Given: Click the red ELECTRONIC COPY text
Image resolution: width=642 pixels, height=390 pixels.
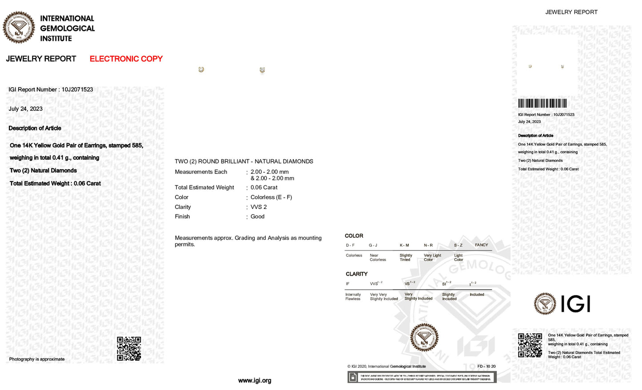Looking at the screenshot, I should tap(126, 59).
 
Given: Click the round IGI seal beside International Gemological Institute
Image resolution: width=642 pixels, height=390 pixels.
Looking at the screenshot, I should tap(19, 28).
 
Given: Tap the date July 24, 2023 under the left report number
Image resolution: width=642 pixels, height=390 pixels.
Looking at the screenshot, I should tap(26, 109).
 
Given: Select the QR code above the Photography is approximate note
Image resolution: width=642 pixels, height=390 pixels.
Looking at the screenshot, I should tap(129, 348).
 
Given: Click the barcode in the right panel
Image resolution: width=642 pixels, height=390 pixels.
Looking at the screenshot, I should tap(542, 103).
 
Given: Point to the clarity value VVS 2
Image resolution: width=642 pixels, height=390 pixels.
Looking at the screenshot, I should tap(259, 207).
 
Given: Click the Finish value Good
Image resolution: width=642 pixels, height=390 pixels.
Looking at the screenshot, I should tap(257, 217).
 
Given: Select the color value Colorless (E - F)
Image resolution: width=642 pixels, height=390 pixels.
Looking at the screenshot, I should tap(271, 197).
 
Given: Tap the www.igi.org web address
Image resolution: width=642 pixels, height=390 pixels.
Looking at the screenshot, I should tap(255, 381).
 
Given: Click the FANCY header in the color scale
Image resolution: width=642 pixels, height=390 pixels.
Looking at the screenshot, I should tap(481, 245).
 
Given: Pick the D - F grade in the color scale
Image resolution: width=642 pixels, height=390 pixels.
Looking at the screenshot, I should tap(350, 245).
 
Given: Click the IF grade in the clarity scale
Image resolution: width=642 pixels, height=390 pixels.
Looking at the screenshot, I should tap(347, 284).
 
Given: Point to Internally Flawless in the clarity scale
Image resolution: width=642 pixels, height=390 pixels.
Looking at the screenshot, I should tap(353, 297).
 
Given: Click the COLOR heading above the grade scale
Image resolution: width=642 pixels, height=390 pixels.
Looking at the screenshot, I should tap(354, 236).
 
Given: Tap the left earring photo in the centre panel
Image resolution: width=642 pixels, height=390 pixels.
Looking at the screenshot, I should tap(201, 70).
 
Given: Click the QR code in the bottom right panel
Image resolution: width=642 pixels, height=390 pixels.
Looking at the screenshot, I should tap(530, 345).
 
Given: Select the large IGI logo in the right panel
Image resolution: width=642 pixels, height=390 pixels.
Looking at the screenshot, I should tap(562, 304).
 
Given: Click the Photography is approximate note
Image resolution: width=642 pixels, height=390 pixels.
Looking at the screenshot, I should tap(37, 359).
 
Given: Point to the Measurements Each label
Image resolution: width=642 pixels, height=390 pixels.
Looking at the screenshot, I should tap(201, 172).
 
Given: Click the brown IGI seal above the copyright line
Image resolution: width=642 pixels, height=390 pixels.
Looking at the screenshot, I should tap(424, 337).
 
